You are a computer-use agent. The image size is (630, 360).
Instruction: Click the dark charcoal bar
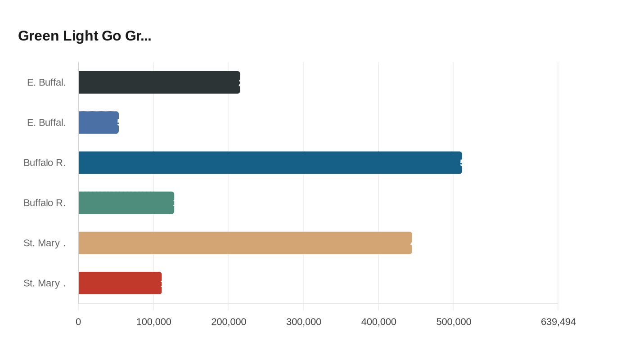pyautogui.click(x=159, y=82)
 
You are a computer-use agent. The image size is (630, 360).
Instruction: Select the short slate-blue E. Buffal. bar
pyautogui.click(x=98, y=122)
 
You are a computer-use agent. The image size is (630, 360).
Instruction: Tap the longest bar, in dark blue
pyautogui.click(x=270, y=162)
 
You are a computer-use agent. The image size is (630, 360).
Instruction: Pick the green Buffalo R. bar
pyautogui.click(x=126, y=202)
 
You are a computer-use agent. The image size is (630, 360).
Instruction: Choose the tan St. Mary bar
pyautogui.click(x=245, y=243)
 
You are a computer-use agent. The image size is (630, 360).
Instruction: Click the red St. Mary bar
pyautogui.click(x=120, y=283)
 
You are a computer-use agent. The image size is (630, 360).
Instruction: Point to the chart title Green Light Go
pyautogui.click(x=85, y=36)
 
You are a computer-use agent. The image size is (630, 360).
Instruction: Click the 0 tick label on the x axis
pyautogui.click(x=78, y=322)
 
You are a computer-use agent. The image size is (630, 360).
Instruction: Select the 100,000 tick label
pyautogui.click(x=153, y=322)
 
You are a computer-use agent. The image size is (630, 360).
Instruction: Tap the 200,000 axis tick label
pyautogui.click(x=228, y=322)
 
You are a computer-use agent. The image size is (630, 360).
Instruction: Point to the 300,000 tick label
pyautogui.click(x=303, y=322)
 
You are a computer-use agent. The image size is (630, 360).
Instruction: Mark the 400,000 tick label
pyautogui.click(x=378, y=322)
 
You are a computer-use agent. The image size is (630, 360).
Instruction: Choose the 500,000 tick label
pyautogui.click(x=453, y=322)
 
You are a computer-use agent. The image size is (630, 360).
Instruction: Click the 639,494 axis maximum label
pyautogui.click(x=558, y=322)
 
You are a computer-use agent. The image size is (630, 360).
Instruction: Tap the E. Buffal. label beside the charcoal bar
pyautogui.click(x=46, y=82)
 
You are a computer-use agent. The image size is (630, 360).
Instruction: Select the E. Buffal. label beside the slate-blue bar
pyautogui.click(x=46, y=122)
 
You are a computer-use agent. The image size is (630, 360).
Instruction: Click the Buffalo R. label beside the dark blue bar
pyautogui.click(x=44, y=162)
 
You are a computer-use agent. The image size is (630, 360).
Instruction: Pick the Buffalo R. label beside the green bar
pyautogui.click(x=44, y=202)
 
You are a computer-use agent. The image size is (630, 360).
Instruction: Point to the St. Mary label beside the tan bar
pyautogui.click(x=44, y=243)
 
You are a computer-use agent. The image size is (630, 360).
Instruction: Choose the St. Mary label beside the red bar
pyautogui.click(x=44, y=283)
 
